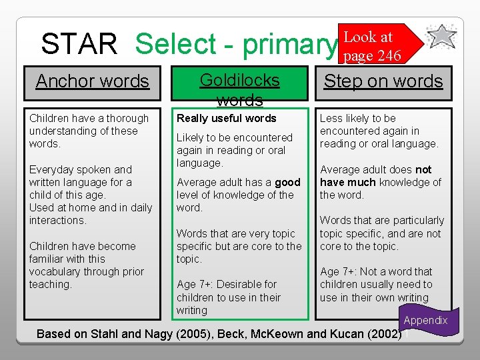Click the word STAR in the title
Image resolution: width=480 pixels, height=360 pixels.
tap(79, 44)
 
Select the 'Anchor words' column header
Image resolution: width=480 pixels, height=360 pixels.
tap(92, 81)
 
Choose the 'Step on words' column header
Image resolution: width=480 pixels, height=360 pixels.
tap(383, 81)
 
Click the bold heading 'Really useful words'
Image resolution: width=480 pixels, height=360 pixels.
tap(226, 118)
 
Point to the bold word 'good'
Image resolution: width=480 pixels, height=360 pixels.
tap(287, 182)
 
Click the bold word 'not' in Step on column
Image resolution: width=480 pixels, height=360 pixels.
tap(423, 169)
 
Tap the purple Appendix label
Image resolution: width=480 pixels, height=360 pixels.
tap(425, 320)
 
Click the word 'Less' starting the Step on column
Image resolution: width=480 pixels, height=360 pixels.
tap(331, 118)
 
